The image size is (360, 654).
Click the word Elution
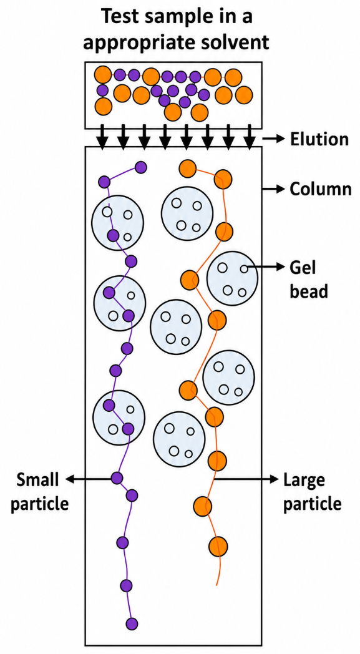(x=319, y=139)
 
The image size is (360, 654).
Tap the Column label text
(x=321, y=189)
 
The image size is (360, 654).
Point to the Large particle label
(x=312, y=492)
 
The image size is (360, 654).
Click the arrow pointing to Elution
(x=274, y=139)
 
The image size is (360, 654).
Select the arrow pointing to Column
(x=274, y=189)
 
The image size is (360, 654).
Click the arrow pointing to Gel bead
(x=263, y=266)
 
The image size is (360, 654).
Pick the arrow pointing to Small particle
(x=90, y=479)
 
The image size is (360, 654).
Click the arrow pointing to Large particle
(x=246, y=479)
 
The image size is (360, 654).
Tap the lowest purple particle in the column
(x=132, y=623)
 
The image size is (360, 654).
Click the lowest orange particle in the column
(x=218, y=546)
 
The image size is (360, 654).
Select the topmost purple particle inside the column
(x=140, y=168)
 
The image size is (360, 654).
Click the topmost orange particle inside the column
(x=188, y=168)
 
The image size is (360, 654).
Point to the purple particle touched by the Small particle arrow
(x=117, y=478)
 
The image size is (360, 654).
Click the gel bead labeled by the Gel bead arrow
(x=232, y=278)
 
